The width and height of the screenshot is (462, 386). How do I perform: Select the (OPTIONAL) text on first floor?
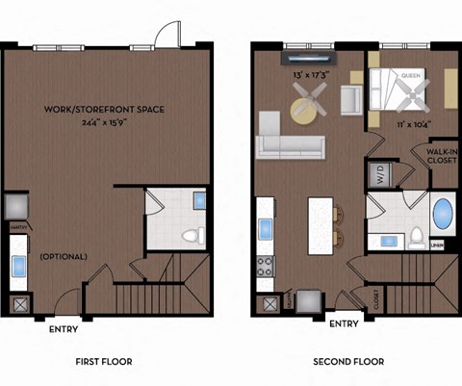click(x=64, y=257)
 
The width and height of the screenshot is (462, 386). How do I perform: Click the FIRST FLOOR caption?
click(x=103, y=362)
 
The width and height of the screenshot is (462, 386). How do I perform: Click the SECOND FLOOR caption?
click(x=348, y=362)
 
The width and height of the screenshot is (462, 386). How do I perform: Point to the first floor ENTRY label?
click(x=64, y=329)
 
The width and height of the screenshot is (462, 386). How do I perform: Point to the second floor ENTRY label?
click(x=344, y=323)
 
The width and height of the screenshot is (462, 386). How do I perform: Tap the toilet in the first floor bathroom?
click(x=192, y=235)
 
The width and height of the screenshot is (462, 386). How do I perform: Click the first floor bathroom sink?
click(x=199, y=201)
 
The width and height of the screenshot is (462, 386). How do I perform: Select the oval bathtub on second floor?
click(x=442, y=213)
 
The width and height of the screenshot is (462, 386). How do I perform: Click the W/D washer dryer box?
click(x=377, y=175)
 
